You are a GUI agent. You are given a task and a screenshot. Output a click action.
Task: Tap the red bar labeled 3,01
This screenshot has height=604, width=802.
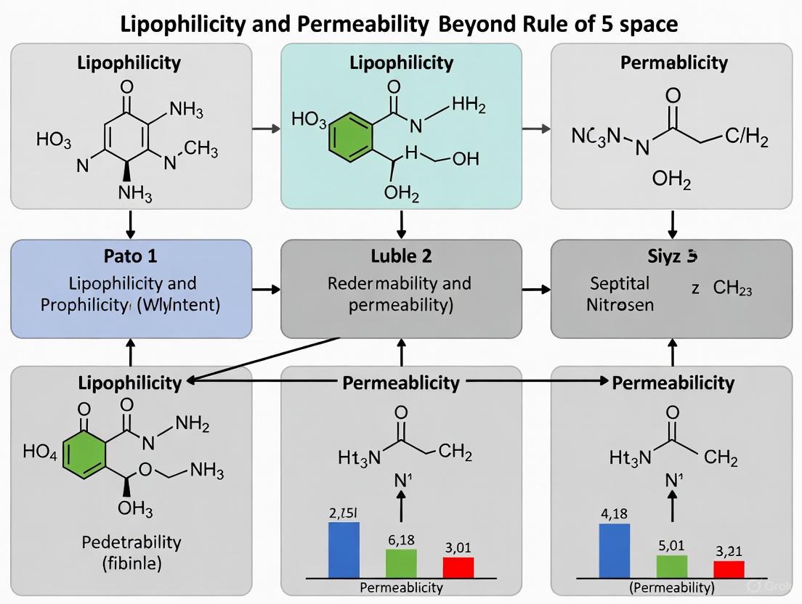coord(458,567)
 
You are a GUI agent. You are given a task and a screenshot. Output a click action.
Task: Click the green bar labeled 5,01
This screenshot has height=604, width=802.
coord(671,566)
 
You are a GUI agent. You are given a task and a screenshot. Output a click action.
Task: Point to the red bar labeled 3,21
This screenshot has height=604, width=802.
coord(729,569)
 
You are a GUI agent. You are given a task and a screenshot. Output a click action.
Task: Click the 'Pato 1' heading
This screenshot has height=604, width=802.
coord(131,256)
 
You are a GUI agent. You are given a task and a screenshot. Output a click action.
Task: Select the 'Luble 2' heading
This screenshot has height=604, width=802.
coord(401,256)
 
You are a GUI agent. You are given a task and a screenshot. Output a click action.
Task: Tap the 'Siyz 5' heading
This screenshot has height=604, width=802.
coord(672,256)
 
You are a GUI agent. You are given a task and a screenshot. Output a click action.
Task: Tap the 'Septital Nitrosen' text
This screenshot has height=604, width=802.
coord(620,293)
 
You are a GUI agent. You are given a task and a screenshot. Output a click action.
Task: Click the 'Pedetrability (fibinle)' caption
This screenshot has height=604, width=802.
coord(131,552)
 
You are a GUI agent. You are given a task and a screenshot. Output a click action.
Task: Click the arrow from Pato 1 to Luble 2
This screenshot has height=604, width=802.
coord(266,289)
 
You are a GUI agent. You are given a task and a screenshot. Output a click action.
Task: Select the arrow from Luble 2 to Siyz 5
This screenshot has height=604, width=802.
coord(536,289)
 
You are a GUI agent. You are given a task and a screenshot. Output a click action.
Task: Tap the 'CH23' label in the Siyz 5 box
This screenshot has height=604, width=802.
coord(732,288)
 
